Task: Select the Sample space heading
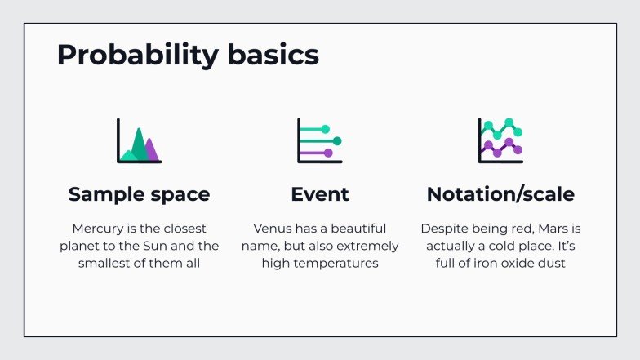(x=139, y=194)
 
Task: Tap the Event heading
(x=320, y=194)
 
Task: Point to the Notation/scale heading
(x=500, y=194)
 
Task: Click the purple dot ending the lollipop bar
(x=329, y=153)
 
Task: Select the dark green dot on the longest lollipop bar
(x=337, y=141)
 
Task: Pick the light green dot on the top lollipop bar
(x=325, y=129)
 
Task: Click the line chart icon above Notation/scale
(x=500, y=140)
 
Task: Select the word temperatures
(x=339, y=264)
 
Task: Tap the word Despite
(x=443, y=228)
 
